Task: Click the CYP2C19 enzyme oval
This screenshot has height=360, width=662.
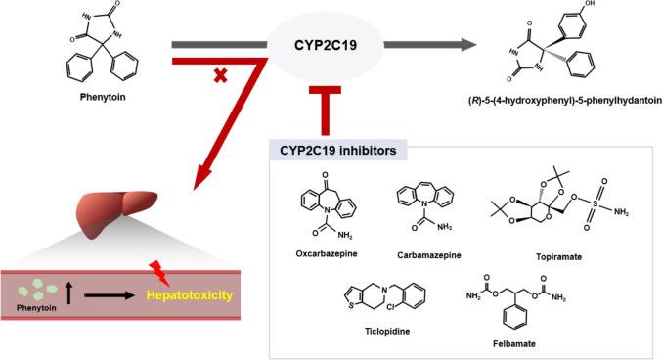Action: [x=325, y=45]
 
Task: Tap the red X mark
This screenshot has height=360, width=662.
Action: [x=220, y=75]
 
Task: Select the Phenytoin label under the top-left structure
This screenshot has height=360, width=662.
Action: [x=103, y=97]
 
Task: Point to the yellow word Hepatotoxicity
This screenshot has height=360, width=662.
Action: [x=189, y=294]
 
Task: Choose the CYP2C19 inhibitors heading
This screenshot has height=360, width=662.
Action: [x=337, y=151]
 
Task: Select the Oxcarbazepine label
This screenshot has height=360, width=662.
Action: [x=327, y=254]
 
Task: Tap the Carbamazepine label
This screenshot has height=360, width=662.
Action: [x=429, y=255]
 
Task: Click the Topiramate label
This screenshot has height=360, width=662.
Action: [x=558, y=257]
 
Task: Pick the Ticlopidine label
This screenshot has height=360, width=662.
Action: [x=387, y=332]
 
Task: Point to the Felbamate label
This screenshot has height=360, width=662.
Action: [x=513, y=344]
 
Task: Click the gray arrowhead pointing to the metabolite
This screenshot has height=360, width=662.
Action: [x=468, y=45]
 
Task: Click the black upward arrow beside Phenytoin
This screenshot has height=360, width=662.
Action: [x=68, y=293]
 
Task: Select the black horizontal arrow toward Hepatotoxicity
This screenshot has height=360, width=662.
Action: [x=109, y=295]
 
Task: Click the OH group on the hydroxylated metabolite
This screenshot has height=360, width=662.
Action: [x=590, y=3]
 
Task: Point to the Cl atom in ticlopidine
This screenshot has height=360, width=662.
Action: [x=390, y=307]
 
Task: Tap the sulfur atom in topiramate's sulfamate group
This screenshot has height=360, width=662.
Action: [x=596, y=204]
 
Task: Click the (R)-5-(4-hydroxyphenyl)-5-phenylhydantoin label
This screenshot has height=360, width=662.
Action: [x=564, y=101]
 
